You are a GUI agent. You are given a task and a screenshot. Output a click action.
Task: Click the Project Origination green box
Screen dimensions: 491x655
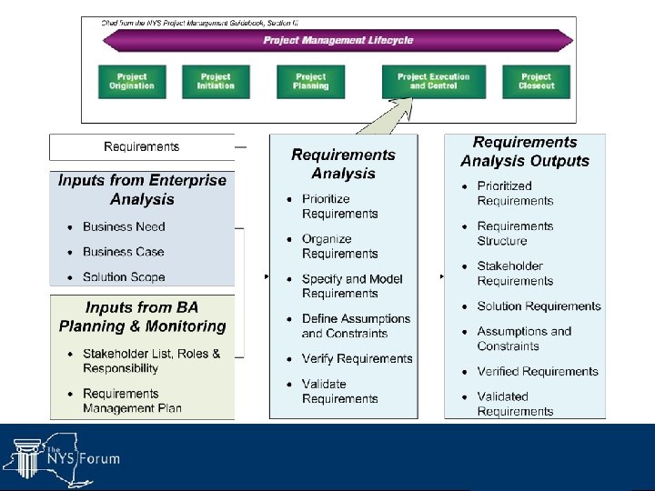132,81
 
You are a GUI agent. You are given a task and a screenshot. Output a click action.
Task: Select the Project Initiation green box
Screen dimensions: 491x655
216,81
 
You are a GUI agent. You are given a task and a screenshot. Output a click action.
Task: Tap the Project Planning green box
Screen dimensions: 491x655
311,81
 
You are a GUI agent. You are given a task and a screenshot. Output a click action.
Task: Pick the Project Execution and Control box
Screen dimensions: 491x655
433,81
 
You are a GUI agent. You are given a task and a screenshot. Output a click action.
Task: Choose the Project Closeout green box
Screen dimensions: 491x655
536,81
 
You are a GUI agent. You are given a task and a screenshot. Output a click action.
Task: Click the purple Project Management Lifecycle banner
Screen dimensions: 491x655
338,40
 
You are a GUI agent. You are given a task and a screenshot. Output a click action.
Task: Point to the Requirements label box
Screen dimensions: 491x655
142,146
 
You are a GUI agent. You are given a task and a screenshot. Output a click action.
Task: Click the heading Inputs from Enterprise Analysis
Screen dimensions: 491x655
142,189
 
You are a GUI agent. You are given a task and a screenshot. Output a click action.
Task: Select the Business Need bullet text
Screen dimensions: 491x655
124,226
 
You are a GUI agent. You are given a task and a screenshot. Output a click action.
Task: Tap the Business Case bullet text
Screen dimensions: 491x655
124,252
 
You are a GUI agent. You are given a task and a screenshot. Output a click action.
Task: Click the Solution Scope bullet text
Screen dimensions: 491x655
124,276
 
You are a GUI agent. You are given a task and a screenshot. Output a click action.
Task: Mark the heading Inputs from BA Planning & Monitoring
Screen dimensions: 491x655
142,316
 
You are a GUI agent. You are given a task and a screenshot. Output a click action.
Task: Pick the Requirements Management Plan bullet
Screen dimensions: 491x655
132,400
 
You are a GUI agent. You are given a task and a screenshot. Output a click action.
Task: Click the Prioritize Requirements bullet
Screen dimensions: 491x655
339,206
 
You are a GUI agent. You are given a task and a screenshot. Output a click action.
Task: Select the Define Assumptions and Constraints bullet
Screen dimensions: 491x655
356,326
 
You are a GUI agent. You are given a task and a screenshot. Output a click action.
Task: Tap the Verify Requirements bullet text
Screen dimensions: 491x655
357,358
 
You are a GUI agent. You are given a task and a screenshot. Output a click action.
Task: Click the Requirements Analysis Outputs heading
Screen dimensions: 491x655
525,152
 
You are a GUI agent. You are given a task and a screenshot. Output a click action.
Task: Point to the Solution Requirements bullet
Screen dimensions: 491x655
539,306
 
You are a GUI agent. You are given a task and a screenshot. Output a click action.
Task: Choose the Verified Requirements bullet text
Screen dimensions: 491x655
538,371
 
